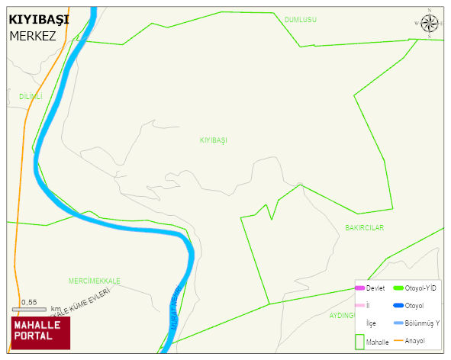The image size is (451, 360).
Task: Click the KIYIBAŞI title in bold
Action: (38, 19)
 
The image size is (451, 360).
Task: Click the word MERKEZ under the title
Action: (33, 36)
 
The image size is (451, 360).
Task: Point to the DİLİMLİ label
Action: (31, 97)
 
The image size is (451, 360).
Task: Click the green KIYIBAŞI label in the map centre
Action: (214, 140)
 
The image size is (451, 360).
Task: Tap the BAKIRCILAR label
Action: (364, 228)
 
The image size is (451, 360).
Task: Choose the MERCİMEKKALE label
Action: (94, 281)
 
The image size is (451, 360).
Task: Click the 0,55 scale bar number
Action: (29, 302)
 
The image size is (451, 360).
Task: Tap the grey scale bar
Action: (29, 309)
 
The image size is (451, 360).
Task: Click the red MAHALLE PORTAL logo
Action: (40, 331)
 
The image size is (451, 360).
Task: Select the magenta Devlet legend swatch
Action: (359, 288)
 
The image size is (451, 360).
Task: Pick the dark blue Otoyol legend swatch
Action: (398, 305)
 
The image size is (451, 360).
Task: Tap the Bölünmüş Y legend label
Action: (423, 323)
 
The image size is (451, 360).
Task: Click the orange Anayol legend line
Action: (398, 339)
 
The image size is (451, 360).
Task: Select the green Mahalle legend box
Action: (359, 341)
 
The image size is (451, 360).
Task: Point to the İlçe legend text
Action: (371, 323)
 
